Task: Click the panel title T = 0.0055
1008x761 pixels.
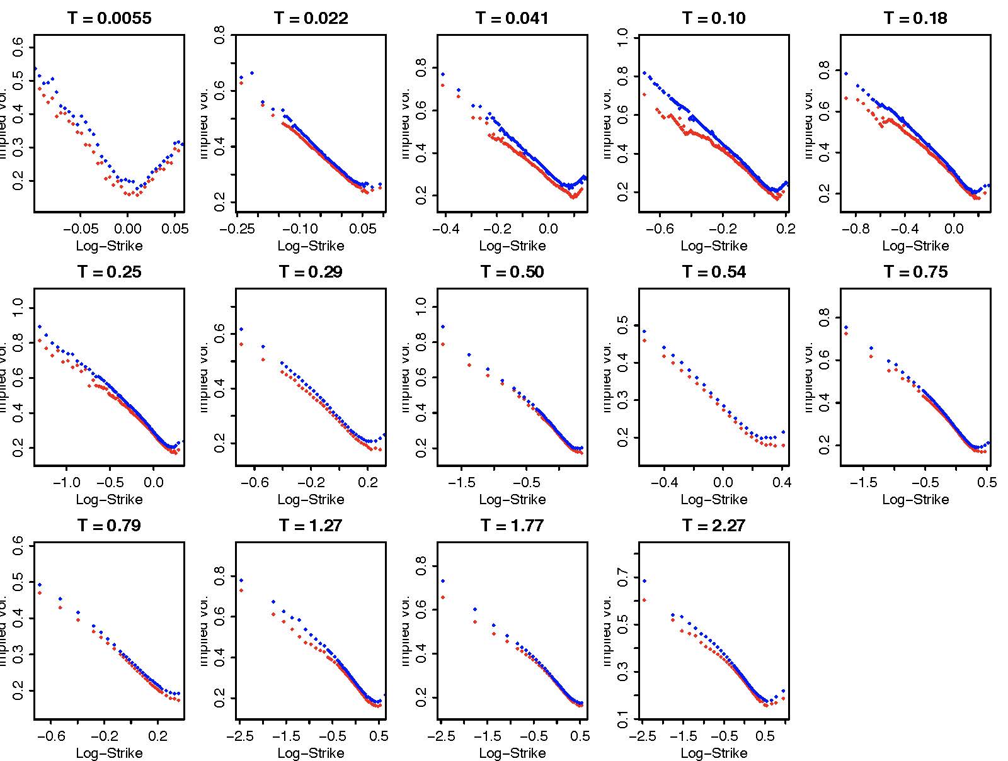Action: click(109, 18)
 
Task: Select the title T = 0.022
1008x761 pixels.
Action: click(311, 18)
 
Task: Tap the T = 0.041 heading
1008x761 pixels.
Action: click(512, 18)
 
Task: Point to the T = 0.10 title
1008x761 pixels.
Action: click(714, 18)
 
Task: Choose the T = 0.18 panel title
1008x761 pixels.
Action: click(915, 18)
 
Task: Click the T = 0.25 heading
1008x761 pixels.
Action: click(109, 272)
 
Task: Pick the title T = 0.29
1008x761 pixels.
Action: click(311, 272)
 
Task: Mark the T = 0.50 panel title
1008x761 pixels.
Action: click(512, 272)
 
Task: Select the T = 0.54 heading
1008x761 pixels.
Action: click(714, 272)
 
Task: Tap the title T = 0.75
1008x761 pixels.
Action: click(915, 272)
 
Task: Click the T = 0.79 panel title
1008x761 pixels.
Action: click(109, 526)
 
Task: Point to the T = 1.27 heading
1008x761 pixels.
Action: click(311, 526)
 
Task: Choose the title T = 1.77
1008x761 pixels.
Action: click(512, 526)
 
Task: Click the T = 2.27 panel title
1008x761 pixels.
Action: click(714, 526)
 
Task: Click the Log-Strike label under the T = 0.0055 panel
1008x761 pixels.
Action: click(109, 246)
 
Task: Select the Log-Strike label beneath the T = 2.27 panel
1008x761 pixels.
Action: click(714, 753)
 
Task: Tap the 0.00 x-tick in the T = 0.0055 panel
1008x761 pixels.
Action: click(127, 228)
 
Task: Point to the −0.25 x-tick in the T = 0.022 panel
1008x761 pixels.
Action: click(238, 228)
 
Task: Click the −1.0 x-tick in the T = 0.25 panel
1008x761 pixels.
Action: click(67, 482)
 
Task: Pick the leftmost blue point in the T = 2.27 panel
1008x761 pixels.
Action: click(644, 581)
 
